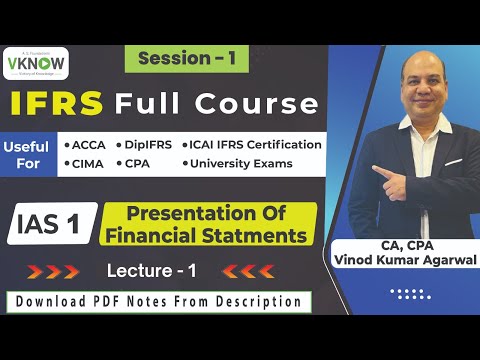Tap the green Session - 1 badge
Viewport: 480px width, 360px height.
(x=187, y=59)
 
